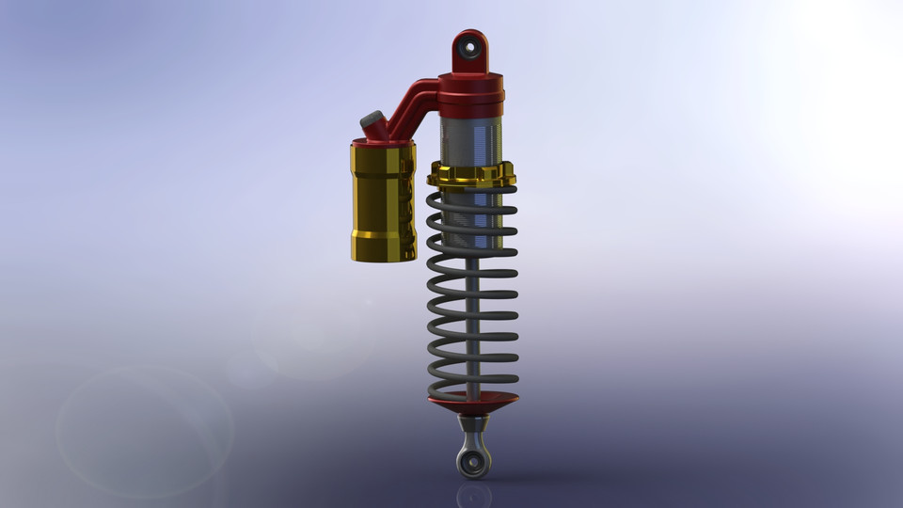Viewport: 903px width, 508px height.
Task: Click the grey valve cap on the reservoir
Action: point(372,121)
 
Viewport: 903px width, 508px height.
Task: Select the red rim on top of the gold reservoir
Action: point(383,144)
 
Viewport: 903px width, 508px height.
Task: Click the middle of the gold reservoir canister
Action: point(383,202)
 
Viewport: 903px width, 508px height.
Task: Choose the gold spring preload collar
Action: point(471,175)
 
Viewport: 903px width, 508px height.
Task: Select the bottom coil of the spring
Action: point(471,386)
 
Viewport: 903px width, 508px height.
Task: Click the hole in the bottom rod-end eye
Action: point(473,460)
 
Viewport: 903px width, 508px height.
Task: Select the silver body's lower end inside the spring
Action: point(471,240)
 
